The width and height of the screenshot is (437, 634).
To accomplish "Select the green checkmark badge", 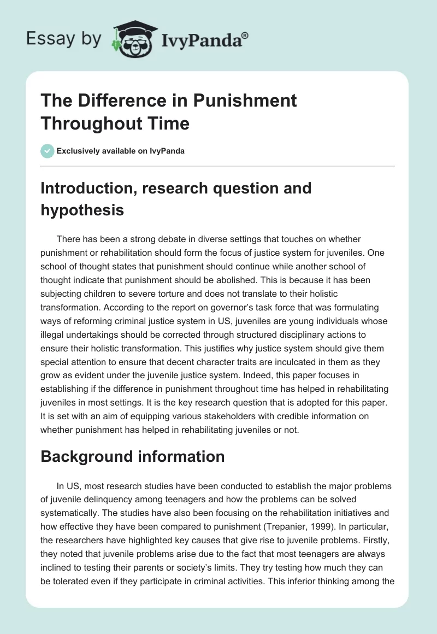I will click(48, 151).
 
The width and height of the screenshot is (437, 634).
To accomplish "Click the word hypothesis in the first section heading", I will click(82, 209).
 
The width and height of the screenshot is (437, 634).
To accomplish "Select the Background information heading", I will click(133, 456).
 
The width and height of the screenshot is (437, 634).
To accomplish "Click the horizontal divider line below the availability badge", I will click(218, 166).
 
